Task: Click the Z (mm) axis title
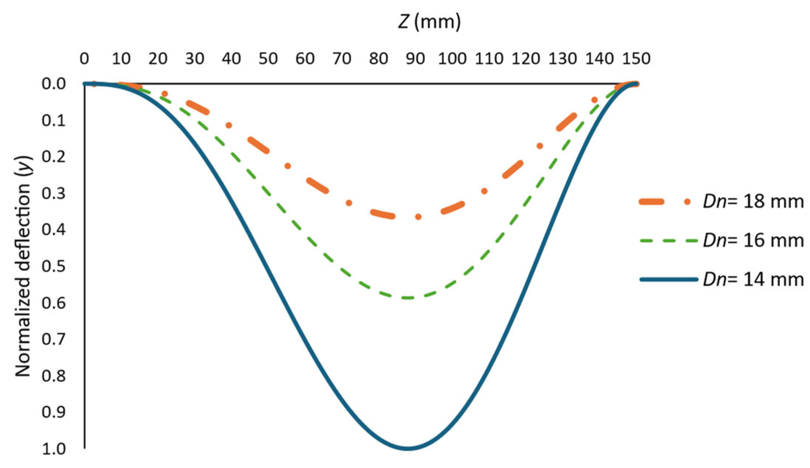pyautogui.click(x=429, y=22)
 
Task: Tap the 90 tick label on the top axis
pyautogui.click(x=415, y=59)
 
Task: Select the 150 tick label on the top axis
pyautogui.click(x=636, y=59)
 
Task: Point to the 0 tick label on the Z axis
pyautogui.click(x=84, y=59)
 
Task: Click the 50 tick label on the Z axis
pyautogui.click(x=268, y=59)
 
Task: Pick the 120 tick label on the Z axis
pyautogui.click(x=526, y=59)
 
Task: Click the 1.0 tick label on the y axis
pyautogui.click(x=53, y=449)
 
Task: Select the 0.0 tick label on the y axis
pyautogui.click(x=53, y=84)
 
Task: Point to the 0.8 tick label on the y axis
pyautogui.click(x=53, y=376)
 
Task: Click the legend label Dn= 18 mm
pyautogui.click(x=753, y=202)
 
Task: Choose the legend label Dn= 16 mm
pyautogui.click(x=753, y=240)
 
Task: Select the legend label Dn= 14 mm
pyautogui.click(x=753, y=279)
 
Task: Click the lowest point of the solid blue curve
pyautogui.click(x=408, y=448)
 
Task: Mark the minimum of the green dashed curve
pyautogui.click(x=408, y=298)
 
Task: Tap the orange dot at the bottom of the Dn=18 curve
pyautogui.click(x=418, y=217)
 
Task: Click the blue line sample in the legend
pyautogui.click(x=669, y=279)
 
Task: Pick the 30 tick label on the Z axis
pyautogui.click(x=194, y=59)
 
